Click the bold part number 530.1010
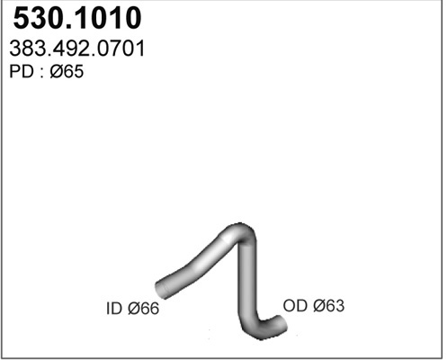coord(77,18)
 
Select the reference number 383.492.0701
coord(77,49)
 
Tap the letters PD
coord(22,72)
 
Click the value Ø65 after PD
coord(67,72)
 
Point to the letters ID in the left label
coord(114,309)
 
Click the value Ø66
coord(143,309)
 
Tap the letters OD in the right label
coord(295,306)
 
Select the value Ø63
coord(328,306)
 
